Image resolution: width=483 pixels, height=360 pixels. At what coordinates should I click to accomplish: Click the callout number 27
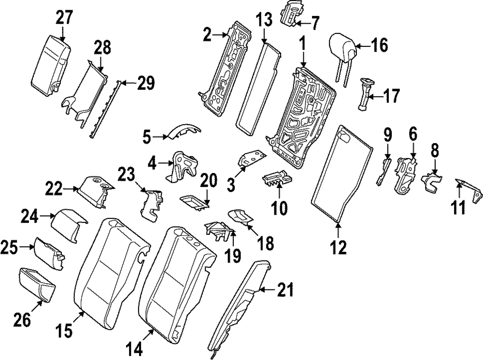(63, 18)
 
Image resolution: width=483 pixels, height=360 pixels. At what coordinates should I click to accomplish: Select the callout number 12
(338, 247)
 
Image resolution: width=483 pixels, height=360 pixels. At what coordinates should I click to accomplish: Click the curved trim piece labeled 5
(184, 132)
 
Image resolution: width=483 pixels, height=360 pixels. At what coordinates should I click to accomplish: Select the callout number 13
(265, 20)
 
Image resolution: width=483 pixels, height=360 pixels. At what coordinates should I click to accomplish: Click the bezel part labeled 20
(194, 202)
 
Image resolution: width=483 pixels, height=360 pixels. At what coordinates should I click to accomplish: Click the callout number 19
(233, 255)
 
